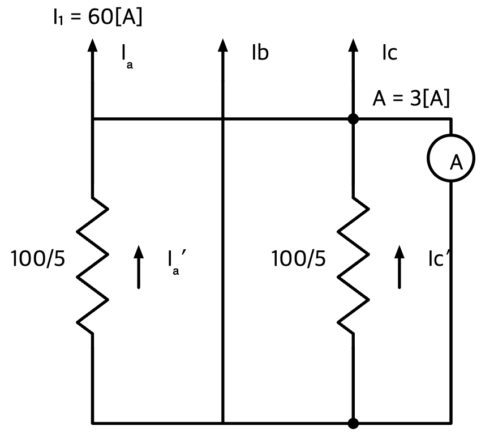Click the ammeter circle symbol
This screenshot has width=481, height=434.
click(x=451, y=135)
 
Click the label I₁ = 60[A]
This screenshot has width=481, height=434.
click(x=97, y=17)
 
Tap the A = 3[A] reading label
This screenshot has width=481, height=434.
click(x=411, y=99)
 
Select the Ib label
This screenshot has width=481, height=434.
click(x=260, y=53)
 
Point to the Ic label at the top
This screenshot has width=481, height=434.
click(x=390, y=53)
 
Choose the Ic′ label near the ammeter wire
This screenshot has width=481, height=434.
click(x=439, y=258)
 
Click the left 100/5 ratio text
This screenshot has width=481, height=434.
click(x=38, y=258)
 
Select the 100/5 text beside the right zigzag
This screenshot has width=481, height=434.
click(x=298, y=258)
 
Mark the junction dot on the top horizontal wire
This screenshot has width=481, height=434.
click(x=353, y=118)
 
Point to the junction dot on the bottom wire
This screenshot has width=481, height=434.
click(x=353, y=423)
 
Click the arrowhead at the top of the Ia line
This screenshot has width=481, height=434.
click(x=92, y=45)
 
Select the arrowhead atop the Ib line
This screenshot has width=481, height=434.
click(x=223, y=45)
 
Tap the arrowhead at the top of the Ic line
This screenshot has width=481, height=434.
click(x=353, y=45)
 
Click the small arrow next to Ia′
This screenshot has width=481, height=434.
click(x=139, y=267)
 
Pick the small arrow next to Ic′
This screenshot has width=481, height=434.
click(x=399, y=267)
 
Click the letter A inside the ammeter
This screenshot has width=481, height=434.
click(x=456, y=163)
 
